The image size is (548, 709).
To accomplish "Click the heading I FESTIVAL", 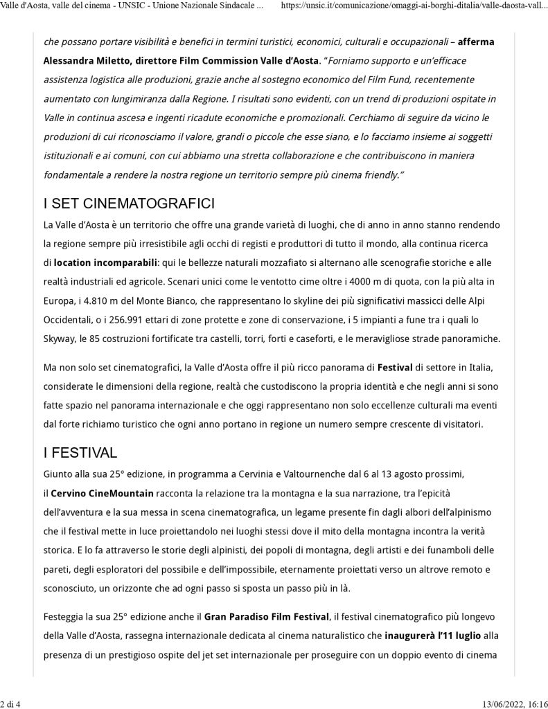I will (80, 454).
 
